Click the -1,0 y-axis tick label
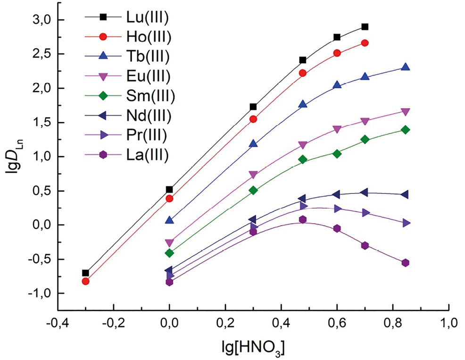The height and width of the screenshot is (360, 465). click(x=40, y=293)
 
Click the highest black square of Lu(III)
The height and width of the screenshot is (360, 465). click(x=365, y=27)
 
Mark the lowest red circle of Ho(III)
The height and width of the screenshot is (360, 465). click(x=85, y=281)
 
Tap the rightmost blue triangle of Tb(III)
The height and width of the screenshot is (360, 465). click(x=405, y=67)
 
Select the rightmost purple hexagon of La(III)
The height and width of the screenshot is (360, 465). click(x=405, y=263)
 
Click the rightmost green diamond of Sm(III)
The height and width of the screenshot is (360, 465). click(x=405, y=130)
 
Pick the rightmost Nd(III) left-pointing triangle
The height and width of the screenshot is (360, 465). click(x=404, y=195)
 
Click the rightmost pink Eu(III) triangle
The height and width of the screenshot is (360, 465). click(x=405, y=112)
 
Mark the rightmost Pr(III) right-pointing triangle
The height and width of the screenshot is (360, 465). click(x=406, y=223)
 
